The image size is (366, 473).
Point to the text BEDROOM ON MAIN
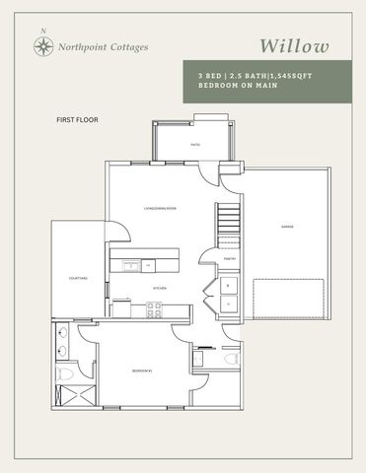pos(226,86)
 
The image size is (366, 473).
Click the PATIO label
pos(195,145)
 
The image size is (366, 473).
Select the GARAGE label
pos(286,227)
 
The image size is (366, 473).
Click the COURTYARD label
pos(78,279)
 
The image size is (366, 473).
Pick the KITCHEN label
pos(158,288)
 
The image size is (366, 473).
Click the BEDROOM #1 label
pos(140,372)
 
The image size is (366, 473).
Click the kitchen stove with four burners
pos(155,306)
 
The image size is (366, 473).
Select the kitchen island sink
pos(128,264)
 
